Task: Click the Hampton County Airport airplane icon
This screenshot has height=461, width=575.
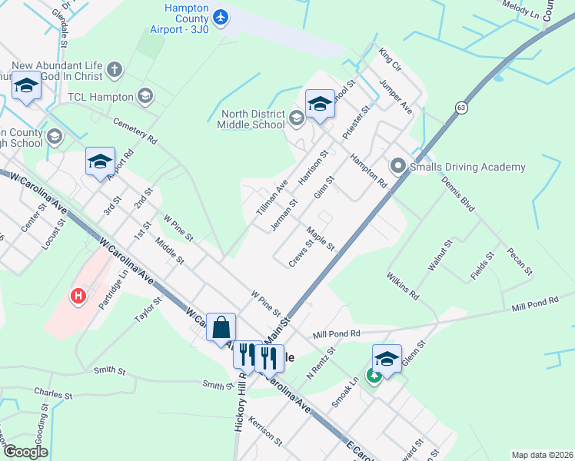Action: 221,17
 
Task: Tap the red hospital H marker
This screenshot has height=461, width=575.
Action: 77,296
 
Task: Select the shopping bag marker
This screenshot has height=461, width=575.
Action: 221,327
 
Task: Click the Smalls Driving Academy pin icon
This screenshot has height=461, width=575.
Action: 397,166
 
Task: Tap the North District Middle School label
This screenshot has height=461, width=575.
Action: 250,119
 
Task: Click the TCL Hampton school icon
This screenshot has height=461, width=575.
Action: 145,96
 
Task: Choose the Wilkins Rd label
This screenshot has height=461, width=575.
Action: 403,284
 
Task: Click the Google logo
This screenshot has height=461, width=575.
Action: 25,452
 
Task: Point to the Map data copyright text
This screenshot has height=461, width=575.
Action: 542,455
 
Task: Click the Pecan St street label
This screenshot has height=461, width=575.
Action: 520,260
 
